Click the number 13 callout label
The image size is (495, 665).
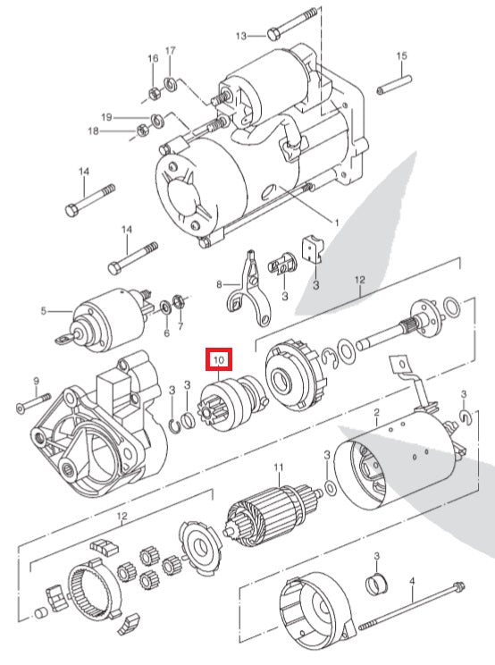(x=240, y=36)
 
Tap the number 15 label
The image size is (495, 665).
(x=401, y=56)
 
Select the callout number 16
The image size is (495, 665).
(x=153, y=59)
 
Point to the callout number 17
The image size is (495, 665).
(x=171, y=50)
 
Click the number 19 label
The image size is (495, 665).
(x=131, y=117)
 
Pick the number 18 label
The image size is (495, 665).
(x=119, y=131)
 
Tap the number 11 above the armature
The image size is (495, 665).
(x=278, y=467)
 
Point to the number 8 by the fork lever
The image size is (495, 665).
(x=217, y=285)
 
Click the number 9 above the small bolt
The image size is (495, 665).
(x=37, y=381)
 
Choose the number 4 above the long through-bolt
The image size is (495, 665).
(x=412, y=582)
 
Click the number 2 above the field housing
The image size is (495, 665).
(x=377, y=412)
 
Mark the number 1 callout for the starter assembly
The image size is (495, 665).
(x=336, y=222)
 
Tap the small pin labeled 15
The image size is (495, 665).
(x=393, y=88)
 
